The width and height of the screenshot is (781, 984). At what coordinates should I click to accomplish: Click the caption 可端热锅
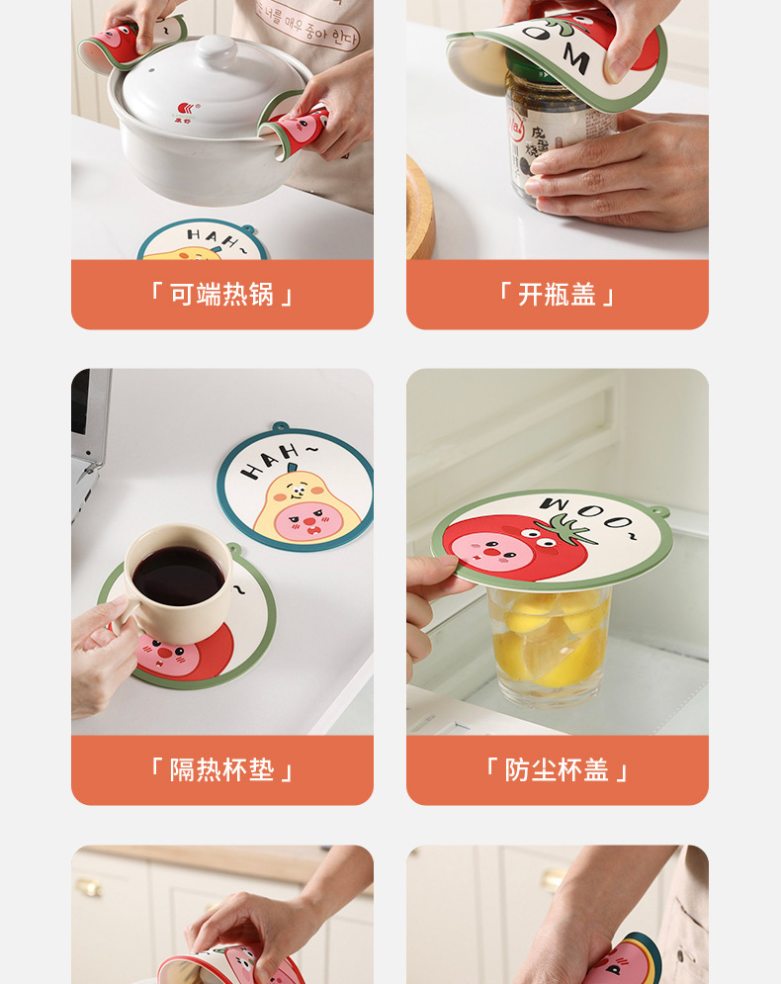(221, 295)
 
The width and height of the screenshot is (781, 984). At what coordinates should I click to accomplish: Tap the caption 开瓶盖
(557, 295)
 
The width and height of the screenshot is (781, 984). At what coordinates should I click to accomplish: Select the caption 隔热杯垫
(221, 770)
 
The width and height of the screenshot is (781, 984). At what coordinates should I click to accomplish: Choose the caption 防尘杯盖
(557, 770)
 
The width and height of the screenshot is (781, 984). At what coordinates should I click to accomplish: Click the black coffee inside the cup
(178, 575)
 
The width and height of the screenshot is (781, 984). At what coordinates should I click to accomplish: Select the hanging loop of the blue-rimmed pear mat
(281, 427)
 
